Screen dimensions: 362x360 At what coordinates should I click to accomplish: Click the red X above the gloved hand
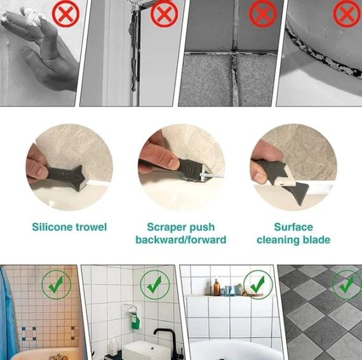tap(66, 13)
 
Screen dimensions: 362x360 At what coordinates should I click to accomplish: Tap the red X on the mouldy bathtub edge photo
tap(346, 13)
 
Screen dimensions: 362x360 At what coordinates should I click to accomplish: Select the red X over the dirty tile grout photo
tap(263, 13)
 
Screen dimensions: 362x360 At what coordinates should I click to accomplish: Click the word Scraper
tap(165, 227)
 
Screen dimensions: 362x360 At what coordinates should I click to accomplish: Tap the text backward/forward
tap(181, 240)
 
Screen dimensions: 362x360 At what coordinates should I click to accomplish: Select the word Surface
tap(293, 227)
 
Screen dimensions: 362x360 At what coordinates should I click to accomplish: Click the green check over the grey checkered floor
tap(347, 285)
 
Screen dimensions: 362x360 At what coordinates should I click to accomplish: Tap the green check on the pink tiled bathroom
tap(56, 285)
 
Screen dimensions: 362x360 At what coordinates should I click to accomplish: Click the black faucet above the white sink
tap(165, 341)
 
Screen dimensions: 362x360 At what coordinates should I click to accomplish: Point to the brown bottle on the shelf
tap(217, 287)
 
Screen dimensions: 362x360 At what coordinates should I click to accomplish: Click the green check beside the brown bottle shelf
tap(258, 285)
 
